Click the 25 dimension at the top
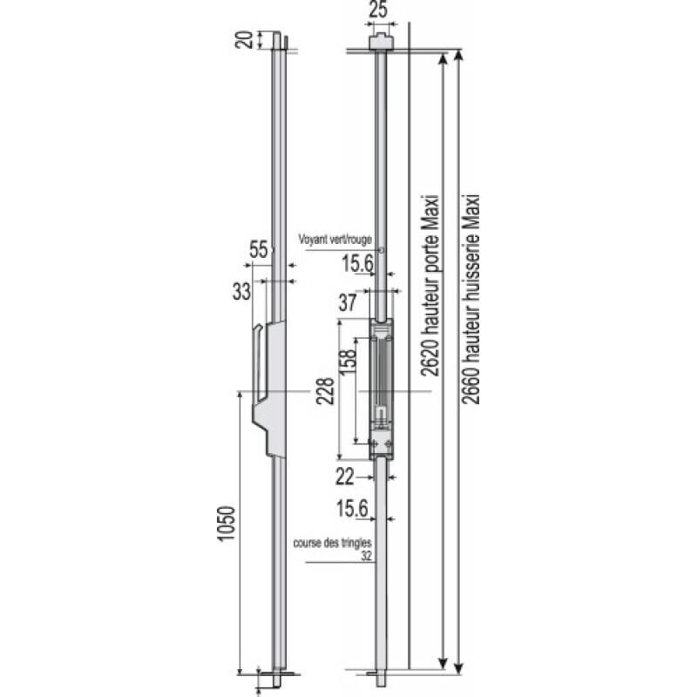pyautogui.click(x=378, y=10)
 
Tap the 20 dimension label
pyautogui.click(x=244, y=40)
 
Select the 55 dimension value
pyautogui.click(x=258, y=249)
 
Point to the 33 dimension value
pyautogui.click(x=242, y=292)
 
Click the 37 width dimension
pyautogui.click(x=348, y=302)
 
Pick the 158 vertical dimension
pyautogui.click(x=348, y=362)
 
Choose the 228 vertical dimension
pyautogui.click(x=325, y=390)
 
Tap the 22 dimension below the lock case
pyautogui.click(x=345, y=477)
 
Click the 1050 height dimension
pyautogui.click(x=226, y=524)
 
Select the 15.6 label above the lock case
pyautogui.click(x=358, y=264)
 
